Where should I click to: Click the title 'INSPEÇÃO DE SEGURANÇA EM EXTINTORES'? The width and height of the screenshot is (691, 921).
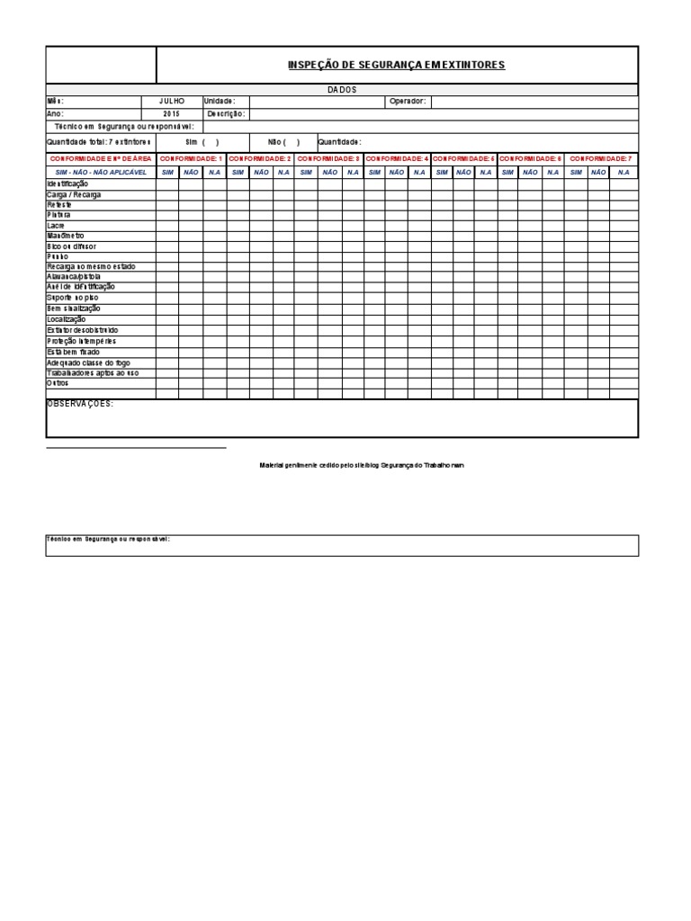[x=396, y=65]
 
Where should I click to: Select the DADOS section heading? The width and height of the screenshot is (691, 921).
[x=341, y=90]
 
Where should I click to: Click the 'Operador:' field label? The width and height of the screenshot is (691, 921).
[x=407, y=102]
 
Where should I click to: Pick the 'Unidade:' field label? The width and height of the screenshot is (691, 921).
[x=220, y=102]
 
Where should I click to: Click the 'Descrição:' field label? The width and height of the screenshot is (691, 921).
[x=225, y=114]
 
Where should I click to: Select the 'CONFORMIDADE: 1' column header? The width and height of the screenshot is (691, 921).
[x=191, y=158]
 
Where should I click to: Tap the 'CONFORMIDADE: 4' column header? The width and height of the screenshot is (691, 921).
[x=397, y=158]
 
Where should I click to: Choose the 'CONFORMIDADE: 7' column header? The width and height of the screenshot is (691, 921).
[x=600, y=158]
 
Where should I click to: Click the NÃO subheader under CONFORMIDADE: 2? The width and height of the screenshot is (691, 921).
[x=261, y=172]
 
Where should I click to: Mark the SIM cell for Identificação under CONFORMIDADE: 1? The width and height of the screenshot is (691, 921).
[x=167, y=183]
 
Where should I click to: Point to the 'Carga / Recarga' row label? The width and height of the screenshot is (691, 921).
[x=74, y=194]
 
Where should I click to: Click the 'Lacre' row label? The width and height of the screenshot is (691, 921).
[x=56, y=225]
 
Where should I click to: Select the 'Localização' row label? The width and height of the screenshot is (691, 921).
[x=66, y=319]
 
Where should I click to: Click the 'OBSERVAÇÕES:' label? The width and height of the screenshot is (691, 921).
[x=80, y=404]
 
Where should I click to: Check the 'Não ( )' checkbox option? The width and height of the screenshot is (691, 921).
[x=283, y=142]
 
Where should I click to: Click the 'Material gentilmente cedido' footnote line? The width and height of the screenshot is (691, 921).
[x=362, y=465]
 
